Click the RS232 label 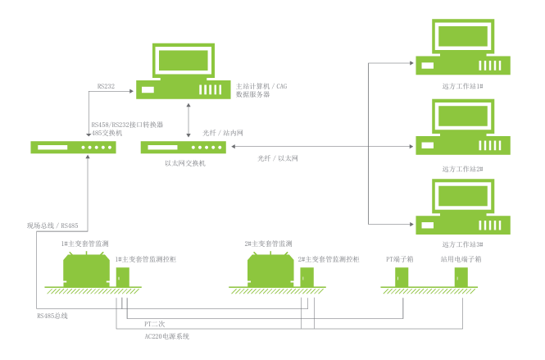[105, 85]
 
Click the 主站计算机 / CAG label [261, 86]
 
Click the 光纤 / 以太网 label [277, 157]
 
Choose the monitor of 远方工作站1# [462, 36]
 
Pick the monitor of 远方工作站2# [462, 115]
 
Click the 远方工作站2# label [462, 168]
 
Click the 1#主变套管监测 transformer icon [88, 268]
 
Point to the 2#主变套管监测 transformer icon [272, 268]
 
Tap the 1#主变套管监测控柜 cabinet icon [122, 277]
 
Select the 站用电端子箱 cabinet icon [461, 277]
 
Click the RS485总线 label [52, 315]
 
